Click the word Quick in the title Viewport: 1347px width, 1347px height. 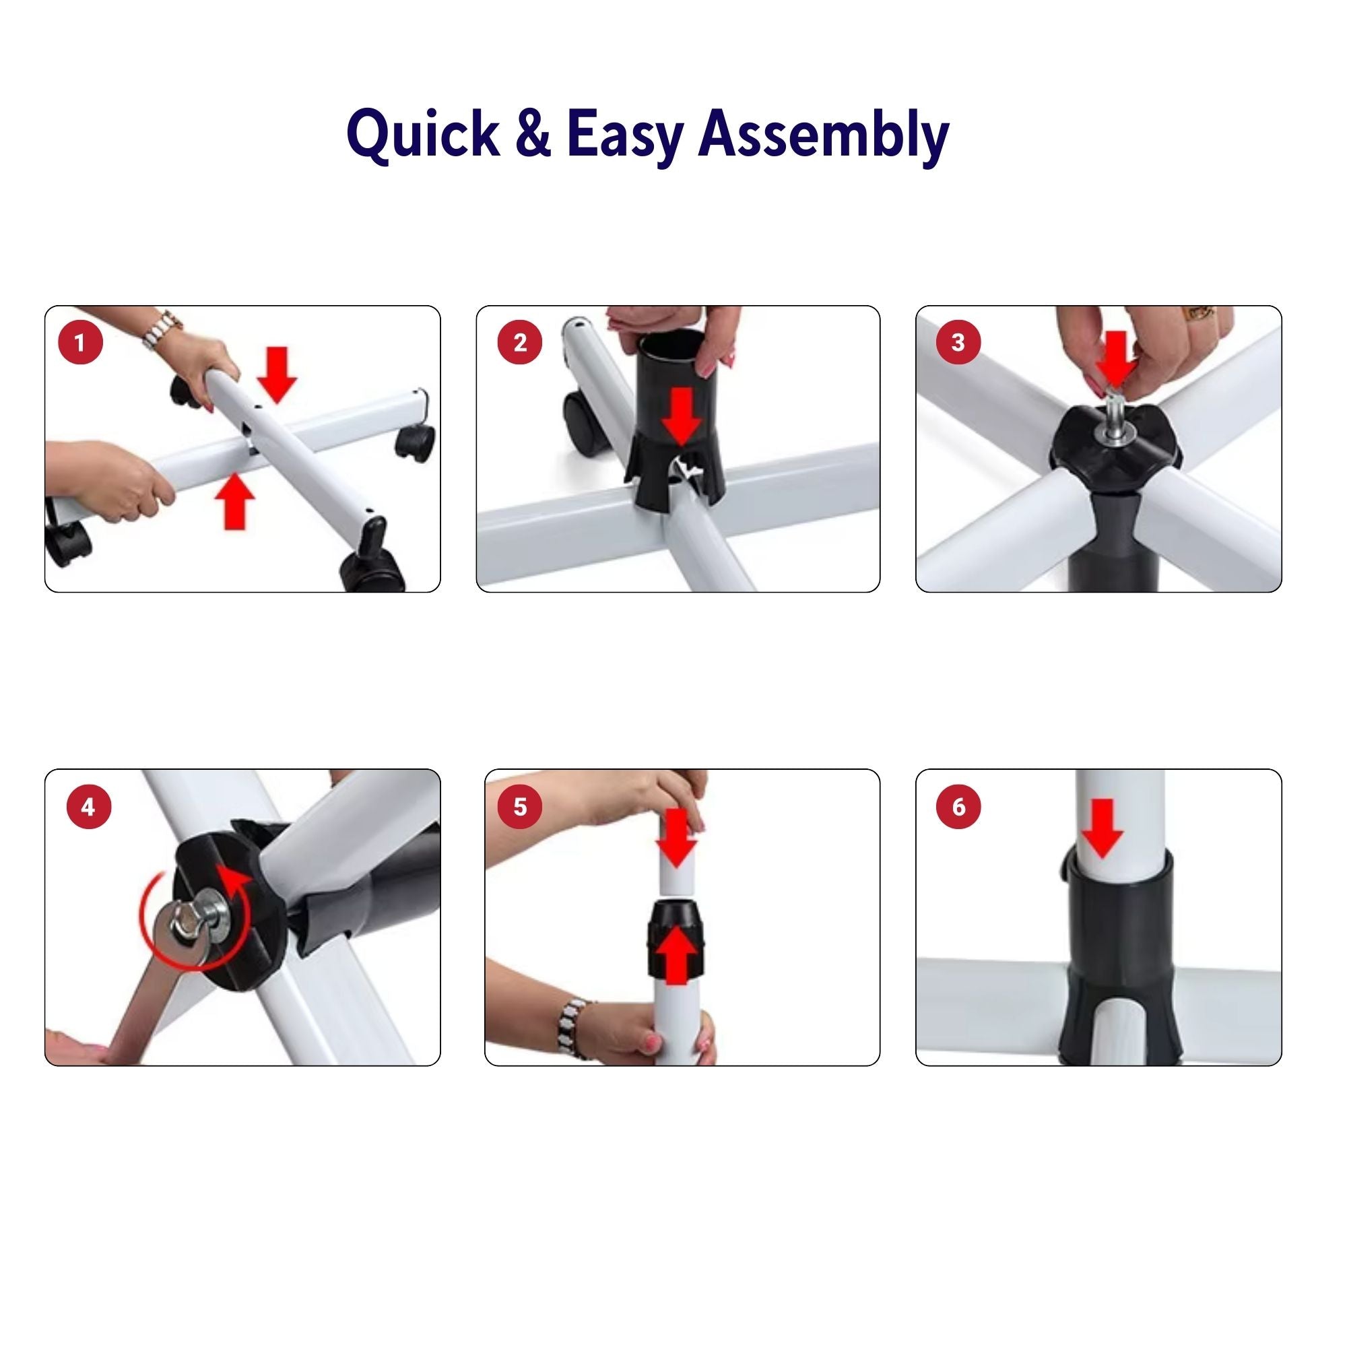[423, 136]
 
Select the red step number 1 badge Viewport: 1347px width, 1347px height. [80, 342]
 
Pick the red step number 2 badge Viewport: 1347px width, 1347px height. [520, 342]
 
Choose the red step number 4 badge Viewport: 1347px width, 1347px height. [88, 807]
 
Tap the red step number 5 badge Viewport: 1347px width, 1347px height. [520, 807]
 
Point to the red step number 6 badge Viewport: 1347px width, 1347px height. [958, 807]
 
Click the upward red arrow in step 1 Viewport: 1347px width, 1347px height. [235, 500]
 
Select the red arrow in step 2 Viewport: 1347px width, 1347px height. [681, 416]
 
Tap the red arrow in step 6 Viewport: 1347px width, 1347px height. [1102, 828]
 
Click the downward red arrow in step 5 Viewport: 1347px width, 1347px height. [676, 837]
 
